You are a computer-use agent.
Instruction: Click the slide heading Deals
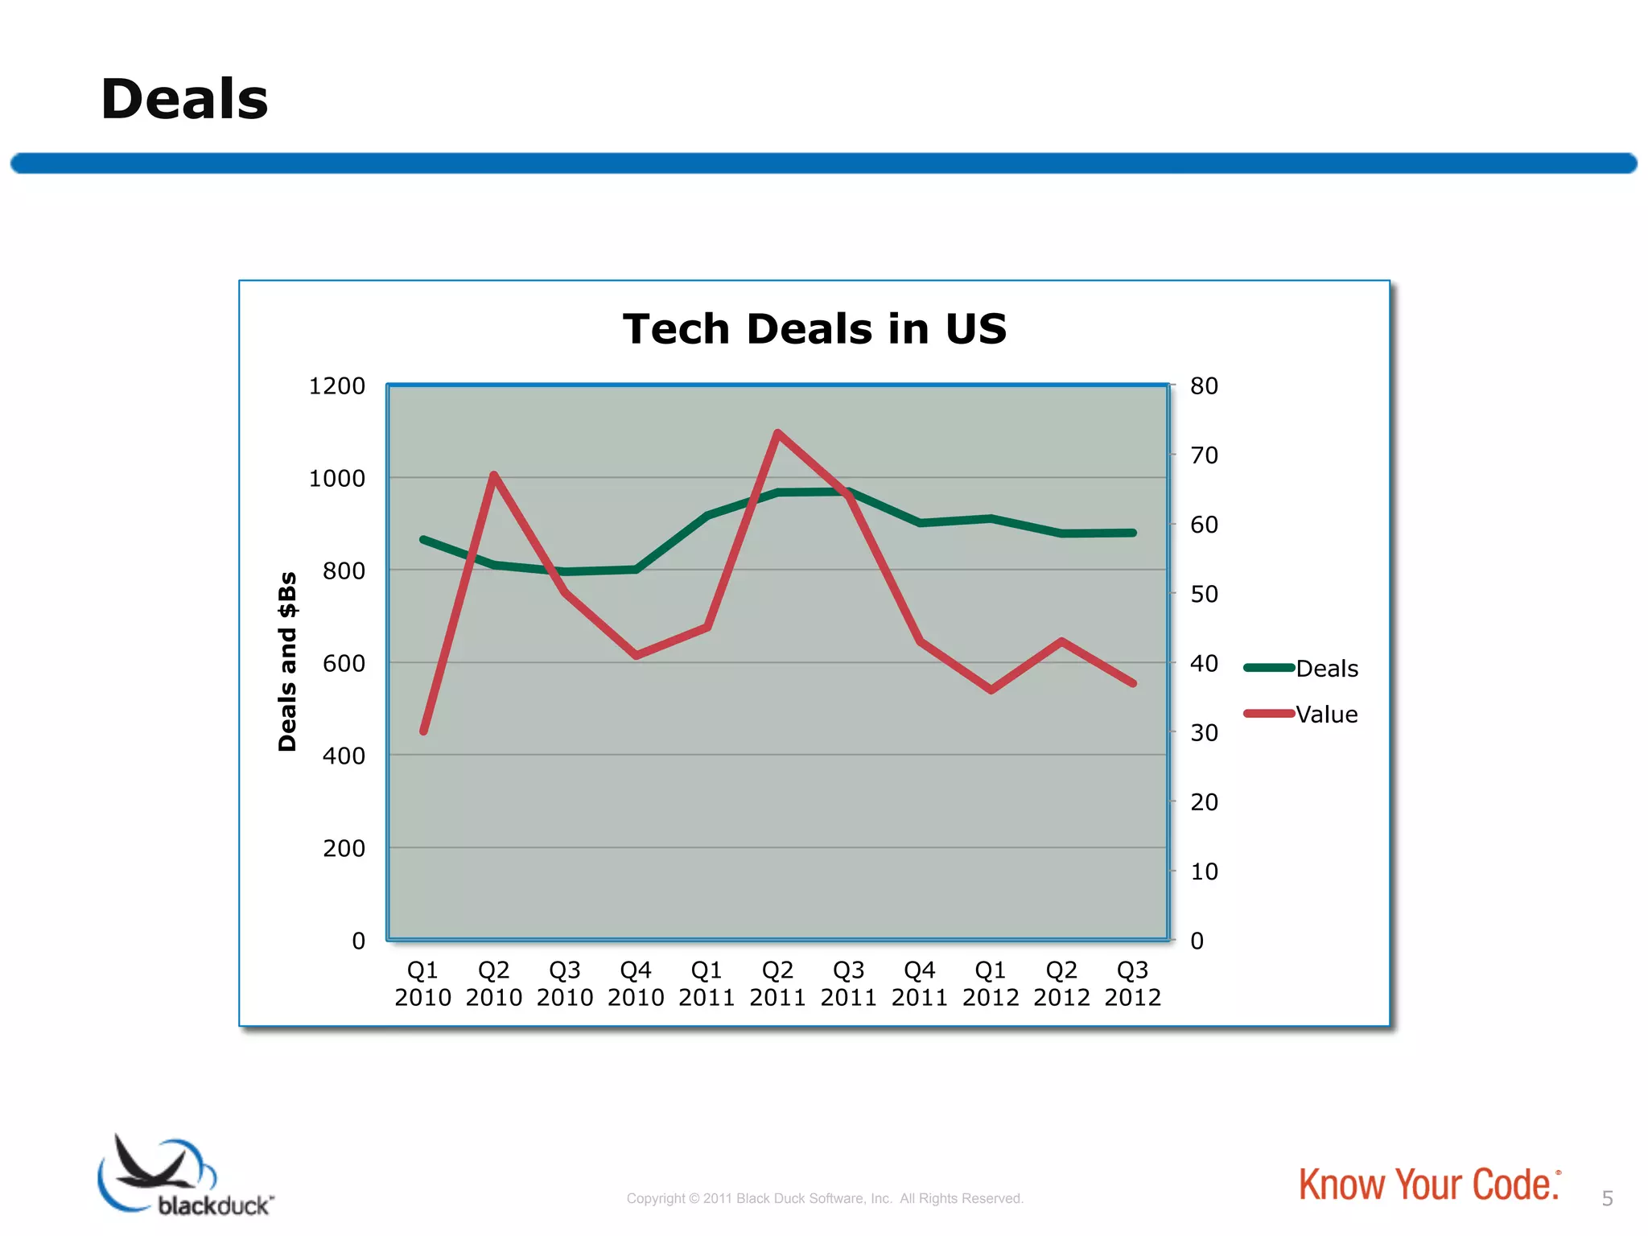pyautogui.click(x=184, y=100)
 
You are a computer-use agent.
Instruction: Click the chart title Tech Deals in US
pyautogui.click(x=814, y=329)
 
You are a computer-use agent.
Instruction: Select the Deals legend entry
pyautogui.click(x=1326, y=668)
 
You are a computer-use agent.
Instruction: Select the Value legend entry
pyautogui.click(x=1326, y=715)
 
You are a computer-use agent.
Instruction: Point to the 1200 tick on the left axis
pyautogui.click(x=336, y=386)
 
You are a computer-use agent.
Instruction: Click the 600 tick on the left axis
pyautogui.click(x=344, y=664)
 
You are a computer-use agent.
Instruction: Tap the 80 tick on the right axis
pyautogui.click(x=1204, y=386)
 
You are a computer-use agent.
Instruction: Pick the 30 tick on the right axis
pyautogui.click(x=1204, y=733)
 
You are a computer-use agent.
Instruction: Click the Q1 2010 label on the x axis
pyautogui.click(x=422, y=983)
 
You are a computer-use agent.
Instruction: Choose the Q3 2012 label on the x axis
pyautogui.click(x=1132, y=983)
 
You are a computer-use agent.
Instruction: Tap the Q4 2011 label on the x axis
pyautogui.click(x=919, y=983)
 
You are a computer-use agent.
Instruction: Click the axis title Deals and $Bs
pyautogui.click(x=287, y=661)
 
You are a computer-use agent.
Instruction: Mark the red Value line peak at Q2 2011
pyautogui.click(x=777, y=433)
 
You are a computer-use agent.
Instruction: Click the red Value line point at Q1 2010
pyautogui.click(x=423, y=731)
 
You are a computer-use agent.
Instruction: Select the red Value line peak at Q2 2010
pyautogui.click(x=494, y=475)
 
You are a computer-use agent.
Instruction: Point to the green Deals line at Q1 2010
pyautogui.click(x=423, y=539)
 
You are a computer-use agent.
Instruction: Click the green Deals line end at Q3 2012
pyautogui.click(x=1133, y=533)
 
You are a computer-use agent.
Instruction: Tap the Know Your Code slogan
pyautogui.click(x=1429, y=1185)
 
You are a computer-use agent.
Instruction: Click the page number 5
pyautogui.click(x=1607, y=1199)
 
